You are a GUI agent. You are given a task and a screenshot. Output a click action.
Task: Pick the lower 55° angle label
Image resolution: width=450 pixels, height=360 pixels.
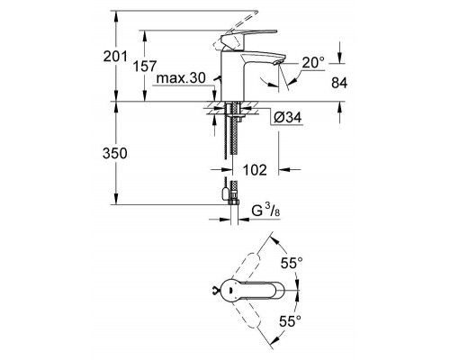point(291,319)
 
